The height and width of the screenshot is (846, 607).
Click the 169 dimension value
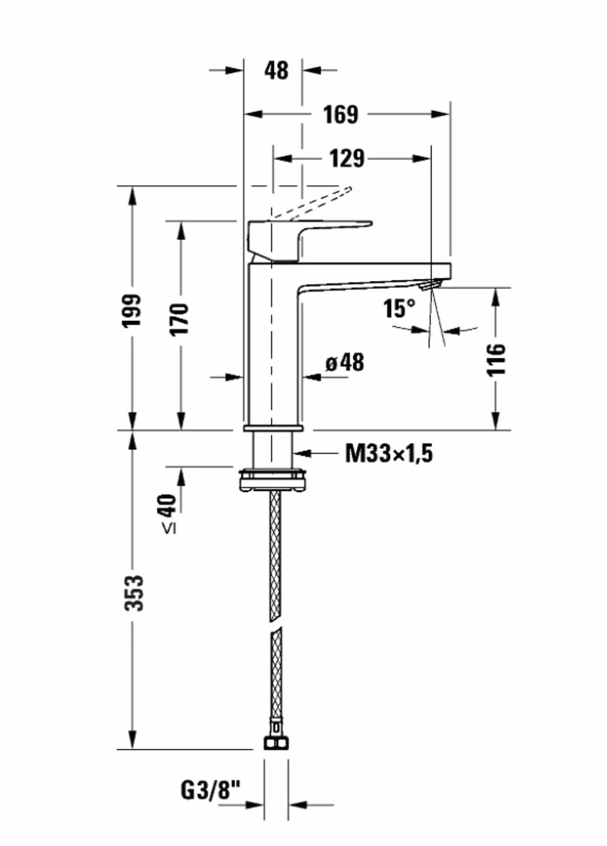[x=341, y=115]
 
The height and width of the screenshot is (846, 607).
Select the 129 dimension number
[x=347, y=159]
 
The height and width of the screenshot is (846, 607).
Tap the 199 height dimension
[x=133, y=311]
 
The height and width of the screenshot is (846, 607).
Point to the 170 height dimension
[x=179, y=319]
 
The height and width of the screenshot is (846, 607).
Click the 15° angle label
[x=400, y=308]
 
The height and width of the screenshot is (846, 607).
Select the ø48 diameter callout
[x=345, y=363]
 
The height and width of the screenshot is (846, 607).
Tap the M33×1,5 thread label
[x=389, y=453]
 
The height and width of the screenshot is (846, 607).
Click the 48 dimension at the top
[x=276, y=70]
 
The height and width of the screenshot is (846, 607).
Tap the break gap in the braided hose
[x=276, y=625]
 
